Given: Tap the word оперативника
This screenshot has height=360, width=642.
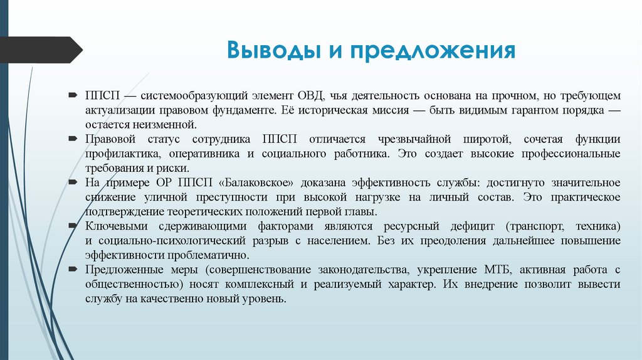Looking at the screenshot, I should pyautogui.click(x=198, y=153).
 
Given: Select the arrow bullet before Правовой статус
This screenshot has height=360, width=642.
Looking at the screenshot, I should pyautogui.click(x=73, y=139).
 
